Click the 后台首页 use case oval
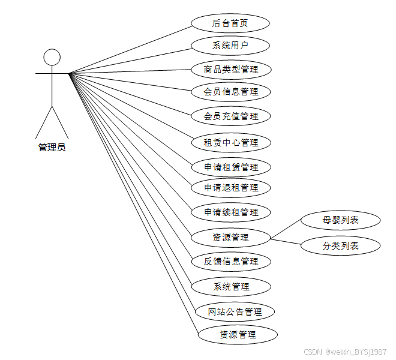tap(230, 23)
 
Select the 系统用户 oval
tap(230, 46)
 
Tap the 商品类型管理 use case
tap(231, 69)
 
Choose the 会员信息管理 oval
tap(231, 92)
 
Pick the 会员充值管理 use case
tap(231, 116)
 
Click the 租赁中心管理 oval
tap(231, 142)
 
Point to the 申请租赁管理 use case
tap(231, 167)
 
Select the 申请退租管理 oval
tap(231, 187)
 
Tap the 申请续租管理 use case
tap(231, 212)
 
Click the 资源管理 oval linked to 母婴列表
tap(230, 237)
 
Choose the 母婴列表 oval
tap(340, 220)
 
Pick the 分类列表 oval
tap(340, 245)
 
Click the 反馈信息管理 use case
tap(231, 262)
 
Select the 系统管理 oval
tap(231, 286)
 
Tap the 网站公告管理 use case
tap(235, 311)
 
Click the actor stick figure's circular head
tap(52, 58)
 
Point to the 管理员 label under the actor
tap(52, 147)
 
